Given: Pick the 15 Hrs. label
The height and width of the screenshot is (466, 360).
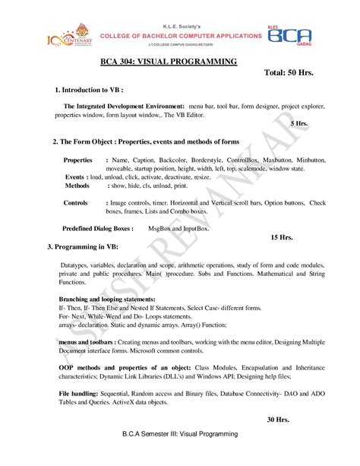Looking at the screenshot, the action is (x=282, y=237).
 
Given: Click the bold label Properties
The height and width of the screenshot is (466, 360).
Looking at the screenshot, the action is (x=77, y=161).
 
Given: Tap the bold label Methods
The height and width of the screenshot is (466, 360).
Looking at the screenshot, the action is (x=77, y=185).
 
